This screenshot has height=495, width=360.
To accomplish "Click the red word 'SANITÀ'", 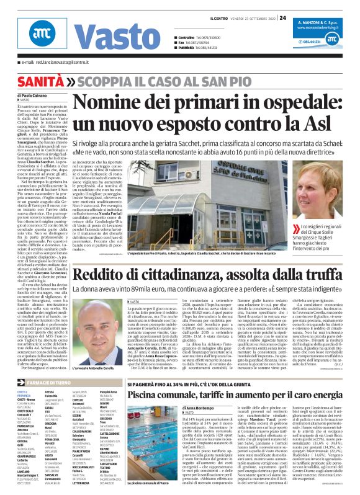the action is [41, 81].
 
